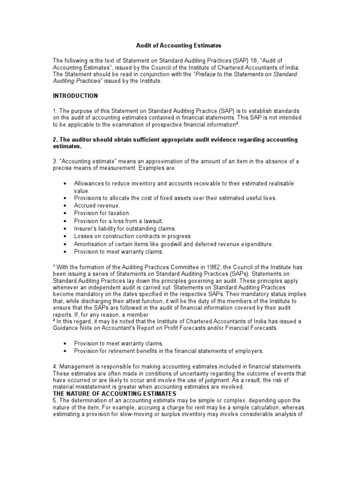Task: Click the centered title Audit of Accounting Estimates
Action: pyautogui.click(x=178, y=45)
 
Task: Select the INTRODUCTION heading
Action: pyautogui.click(x=75, y=96)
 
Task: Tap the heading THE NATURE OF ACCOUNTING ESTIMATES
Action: pyautogui.click(x=114, y=394)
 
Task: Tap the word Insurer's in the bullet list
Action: pyautogui.click(x=86, y=228)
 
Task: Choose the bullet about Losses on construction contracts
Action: pyautogui.click(x=133, y=236)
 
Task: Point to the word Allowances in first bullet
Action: pyautogui.click(x=90, y=183)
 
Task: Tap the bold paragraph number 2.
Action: pyautogui.click(x=54, y=140)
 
